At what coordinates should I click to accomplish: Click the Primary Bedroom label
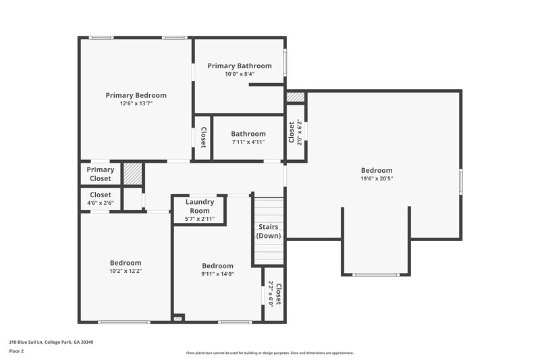coord(136,95)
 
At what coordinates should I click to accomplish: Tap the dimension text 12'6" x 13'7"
coord(136,103)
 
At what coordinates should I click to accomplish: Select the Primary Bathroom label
coord(240,66)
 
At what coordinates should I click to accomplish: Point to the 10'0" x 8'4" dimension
coord(240,74)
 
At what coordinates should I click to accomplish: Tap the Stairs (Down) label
coord(269,231)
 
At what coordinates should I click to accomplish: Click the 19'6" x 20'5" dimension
coord(376,179)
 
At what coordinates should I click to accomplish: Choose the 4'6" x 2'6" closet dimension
coord(101,203)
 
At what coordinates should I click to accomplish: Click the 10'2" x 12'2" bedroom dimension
coord(126,271)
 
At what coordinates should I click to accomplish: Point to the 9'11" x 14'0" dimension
coord(217,274)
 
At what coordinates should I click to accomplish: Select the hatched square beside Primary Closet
coord(132,174)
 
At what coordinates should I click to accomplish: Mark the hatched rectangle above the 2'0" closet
coord(296,97)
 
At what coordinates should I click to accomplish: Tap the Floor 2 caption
coord(16,351)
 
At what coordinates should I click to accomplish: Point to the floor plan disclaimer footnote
coord(269,353)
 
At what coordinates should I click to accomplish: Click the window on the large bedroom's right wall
coord(461,182)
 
